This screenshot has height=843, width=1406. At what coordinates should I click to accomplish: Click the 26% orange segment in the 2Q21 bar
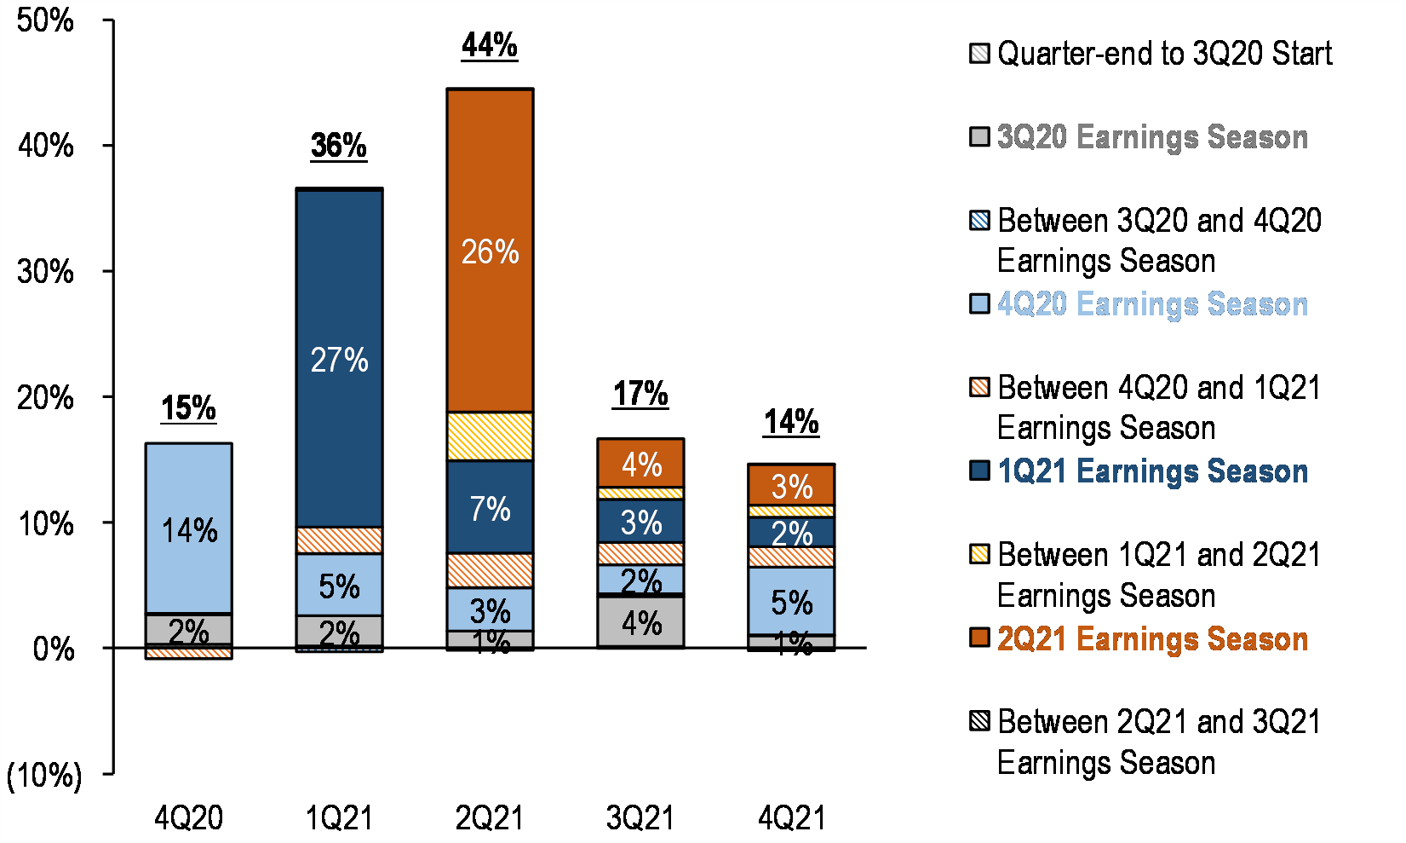pos(490,251)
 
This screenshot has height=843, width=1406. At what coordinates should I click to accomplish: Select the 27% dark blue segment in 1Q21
pos(339,359)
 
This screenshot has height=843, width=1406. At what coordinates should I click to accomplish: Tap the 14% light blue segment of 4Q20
pos(189,529)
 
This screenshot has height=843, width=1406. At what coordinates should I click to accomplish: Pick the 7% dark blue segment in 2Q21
pos(490,508)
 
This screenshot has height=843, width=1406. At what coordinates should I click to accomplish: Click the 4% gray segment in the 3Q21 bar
pos(640,622)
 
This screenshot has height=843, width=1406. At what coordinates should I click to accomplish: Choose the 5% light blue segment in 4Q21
pos(791,602)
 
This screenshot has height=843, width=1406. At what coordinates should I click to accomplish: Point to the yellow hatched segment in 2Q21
pos(490,436)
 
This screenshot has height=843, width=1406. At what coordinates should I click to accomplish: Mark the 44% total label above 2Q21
pos(490,45)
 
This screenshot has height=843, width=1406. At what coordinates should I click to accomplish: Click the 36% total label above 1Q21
pos(339,146)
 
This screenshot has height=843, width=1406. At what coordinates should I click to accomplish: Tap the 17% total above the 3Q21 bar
pos(640,394)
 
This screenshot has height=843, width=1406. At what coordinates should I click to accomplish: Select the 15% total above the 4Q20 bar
pos(189,407)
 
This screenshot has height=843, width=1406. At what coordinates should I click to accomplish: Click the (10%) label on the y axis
pos(44,775)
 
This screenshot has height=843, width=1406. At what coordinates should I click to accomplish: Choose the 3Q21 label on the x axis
pos(640,818)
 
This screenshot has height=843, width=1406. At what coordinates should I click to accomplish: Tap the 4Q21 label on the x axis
pos(791,818)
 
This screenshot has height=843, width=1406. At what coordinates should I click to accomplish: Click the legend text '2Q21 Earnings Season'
pos(1151,638)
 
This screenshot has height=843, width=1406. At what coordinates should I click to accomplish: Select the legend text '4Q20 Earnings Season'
pos(1151,304)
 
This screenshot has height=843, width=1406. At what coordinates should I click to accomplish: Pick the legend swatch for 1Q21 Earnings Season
pos(979,471)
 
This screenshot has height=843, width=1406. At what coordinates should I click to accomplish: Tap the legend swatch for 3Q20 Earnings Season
pos(979,136)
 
